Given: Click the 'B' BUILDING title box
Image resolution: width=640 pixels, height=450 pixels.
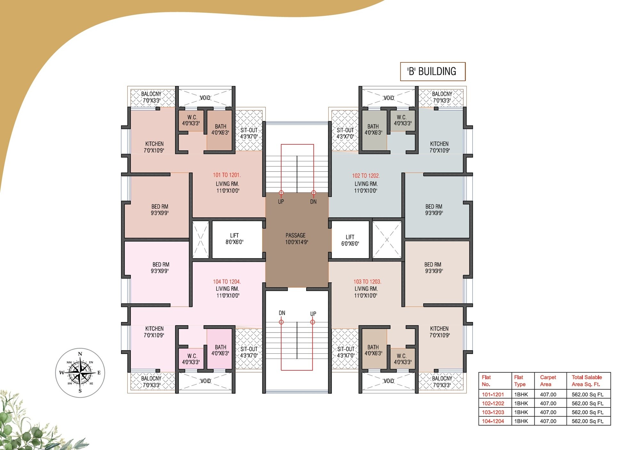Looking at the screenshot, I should tap(433, 71).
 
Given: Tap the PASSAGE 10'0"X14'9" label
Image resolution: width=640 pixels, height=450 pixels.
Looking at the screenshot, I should tap(296, 238).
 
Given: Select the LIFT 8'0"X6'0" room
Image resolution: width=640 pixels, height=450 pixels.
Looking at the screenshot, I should tap(235, 239).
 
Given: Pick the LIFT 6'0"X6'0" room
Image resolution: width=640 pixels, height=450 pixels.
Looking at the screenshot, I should tap(350, 240).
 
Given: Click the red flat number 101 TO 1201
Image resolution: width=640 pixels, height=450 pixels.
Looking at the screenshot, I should tap(227, 175).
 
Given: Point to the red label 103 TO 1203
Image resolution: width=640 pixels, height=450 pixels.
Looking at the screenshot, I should tap(367, 282).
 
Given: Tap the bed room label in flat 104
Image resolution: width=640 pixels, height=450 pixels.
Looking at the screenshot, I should tap(160, 268).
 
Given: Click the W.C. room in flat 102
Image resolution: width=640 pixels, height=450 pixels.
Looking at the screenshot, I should tap(402, 120).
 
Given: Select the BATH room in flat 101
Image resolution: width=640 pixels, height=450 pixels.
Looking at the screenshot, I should tap(220, 129).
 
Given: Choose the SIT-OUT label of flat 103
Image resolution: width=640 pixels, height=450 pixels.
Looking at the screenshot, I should tap(346, 352).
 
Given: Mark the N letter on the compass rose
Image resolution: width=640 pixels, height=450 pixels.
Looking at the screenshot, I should tap(80, 354).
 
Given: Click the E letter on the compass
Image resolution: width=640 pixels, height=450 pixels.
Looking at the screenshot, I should tap(99, 373).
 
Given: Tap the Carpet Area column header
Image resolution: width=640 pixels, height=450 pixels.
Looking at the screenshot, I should tap(548, 381).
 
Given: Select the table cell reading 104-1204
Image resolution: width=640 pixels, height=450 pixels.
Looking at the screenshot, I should tap(493, 421).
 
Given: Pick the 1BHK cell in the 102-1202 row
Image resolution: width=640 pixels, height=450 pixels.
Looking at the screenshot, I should tap(521, 403).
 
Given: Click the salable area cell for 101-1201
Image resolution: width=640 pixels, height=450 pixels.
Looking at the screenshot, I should tap(588, 395).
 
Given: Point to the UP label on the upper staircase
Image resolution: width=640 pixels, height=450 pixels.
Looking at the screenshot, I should tap(281, 202).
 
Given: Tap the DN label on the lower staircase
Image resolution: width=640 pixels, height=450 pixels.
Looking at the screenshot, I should tap(282, 313).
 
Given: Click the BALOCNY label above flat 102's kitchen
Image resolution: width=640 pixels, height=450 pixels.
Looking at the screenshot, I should tap(442, 97).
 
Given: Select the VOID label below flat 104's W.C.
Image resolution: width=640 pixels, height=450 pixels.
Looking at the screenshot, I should tap(205, 381).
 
